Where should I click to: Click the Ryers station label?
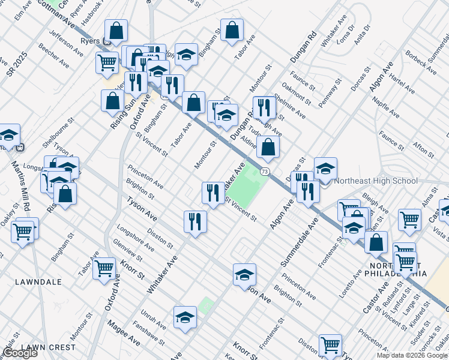click(89, 41)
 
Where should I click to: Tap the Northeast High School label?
click(376, 181)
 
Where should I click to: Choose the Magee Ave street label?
click(124, 334)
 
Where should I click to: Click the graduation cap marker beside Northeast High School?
click(325, 169)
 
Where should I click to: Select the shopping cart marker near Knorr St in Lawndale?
click(104, 268)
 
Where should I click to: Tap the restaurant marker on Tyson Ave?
click(195, 221)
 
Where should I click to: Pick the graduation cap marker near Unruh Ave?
click(185, 317)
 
